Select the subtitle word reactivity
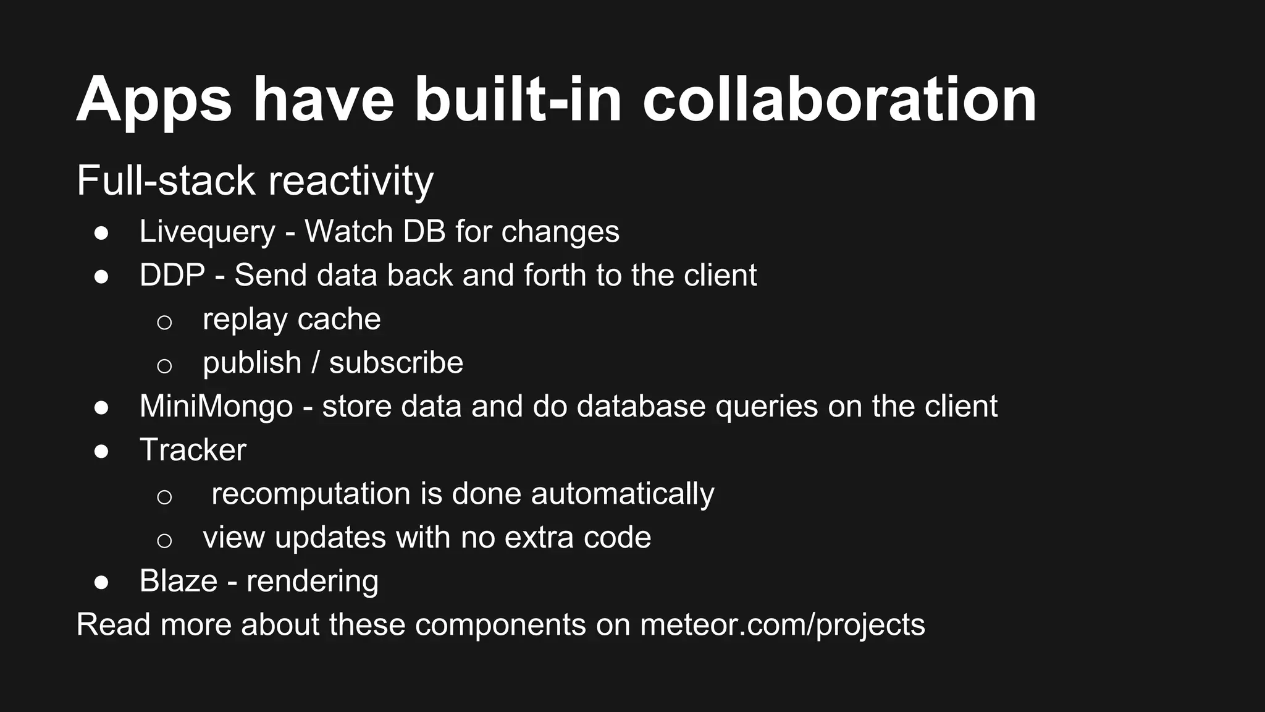coord(350,182)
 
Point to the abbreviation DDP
coord(172,275)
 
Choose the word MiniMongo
coord(216,407)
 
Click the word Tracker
coord(193,450)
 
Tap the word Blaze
coord(179,581)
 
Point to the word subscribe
coord(396,363)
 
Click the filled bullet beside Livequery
coord(101,234)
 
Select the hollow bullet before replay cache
coord(164,322)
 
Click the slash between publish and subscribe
coord(315,363)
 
